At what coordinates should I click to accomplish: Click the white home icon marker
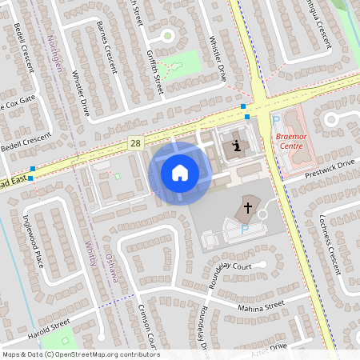180,172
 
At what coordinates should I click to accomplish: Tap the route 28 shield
137,142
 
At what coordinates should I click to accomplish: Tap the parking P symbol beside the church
245,229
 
